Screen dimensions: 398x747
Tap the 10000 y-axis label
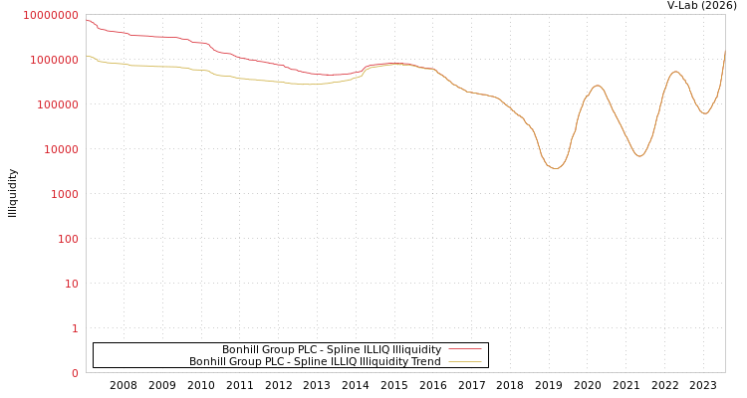pyautogui.click(x=59, y=149)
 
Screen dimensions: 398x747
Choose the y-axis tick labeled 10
pyautogui.click(x=71, y=284)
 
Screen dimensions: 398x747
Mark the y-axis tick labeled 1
pyautogui.click(x=74, y=328)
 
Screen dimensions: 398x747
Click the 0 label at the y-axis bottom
pyautogui.click(x=74, y=373)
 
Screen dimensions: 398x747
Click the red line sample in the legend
pyautogui.click(x=465, y=349)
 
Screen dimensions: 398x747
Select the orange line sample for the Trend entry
pyautogui.click(x=465, y=361)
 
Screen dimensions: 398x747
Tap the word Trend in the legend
pyautogui.click(x=424, y=361)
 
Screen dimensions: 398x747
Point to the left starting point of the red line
pyautogui.click(x=87, y=20)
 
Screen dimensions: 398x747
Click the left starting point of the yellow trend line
pyautogui.click(x=87, y=56)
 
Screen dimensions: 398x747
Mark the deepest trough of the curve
pyautogui.click(x=555, y=168)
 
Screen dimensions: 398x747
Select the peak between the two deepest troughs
pyautogui.click(x=597, y=86)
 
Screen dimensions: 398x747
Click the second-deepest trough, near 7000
pyautogui.click(x=639, y=156)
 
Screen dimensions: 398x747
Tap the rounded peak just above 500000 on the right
pyautogui.click(x=675, y=71)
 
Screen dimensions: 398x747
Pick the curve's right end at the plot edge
pyautogui.click(x=724, y=52)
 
